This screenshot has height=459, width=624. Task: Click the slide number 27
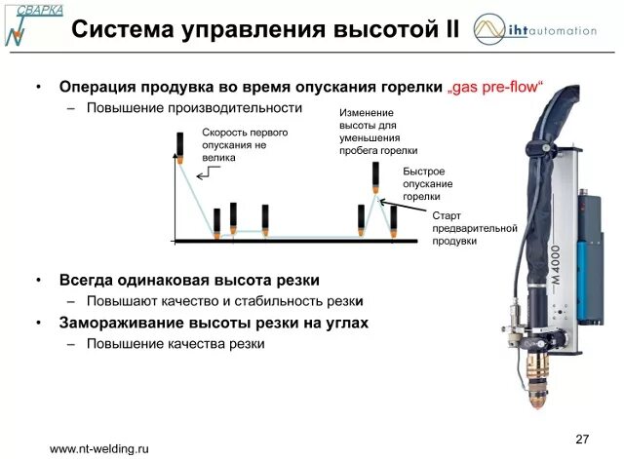[584, 436]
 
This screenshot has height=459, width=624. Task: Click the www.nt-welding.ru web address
[98, 448]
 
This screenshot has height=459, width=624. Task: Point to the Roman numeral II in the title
[449, 29]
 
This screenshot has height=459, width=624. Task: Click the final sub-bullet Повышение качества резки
[175, 343]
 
